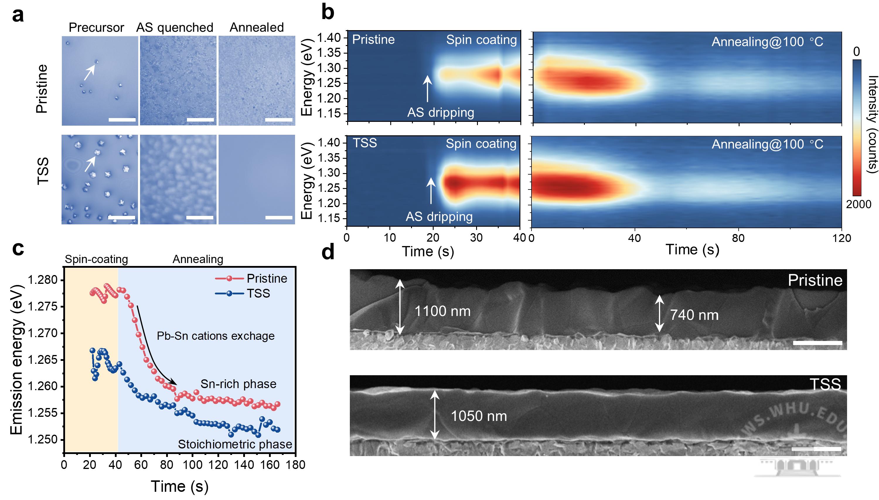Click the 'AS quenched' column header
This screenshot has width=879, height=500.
tap(175, 28)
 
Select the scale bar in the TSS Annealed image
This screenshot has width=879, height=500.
tap(279, 217)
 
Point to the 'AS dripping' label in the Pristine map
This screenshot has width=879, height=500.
tap(441, 113)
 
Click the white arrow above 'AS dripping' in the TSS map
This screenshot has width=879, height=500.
tap(431, 191)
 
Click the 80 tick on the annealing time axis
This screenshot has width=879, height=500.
tap(738, 238)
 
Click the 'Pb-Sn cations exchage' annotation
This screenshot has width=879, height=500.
tap(216, 336)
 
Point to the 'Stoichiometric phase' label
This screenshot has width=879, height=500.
tap(235, 444)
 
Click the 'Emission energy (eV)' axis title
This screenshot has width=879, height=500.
tap(16, 359)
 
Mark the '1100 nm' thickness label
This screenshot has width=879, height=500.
tap(442, 311)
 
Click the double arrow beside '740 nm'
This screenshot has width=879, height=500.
tap(659, 313)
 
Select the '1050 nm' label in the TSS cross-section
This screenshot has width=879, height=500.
tap(479, 416)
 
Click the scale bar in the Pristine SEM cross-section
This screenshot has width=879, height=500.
tap(817, 343)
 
